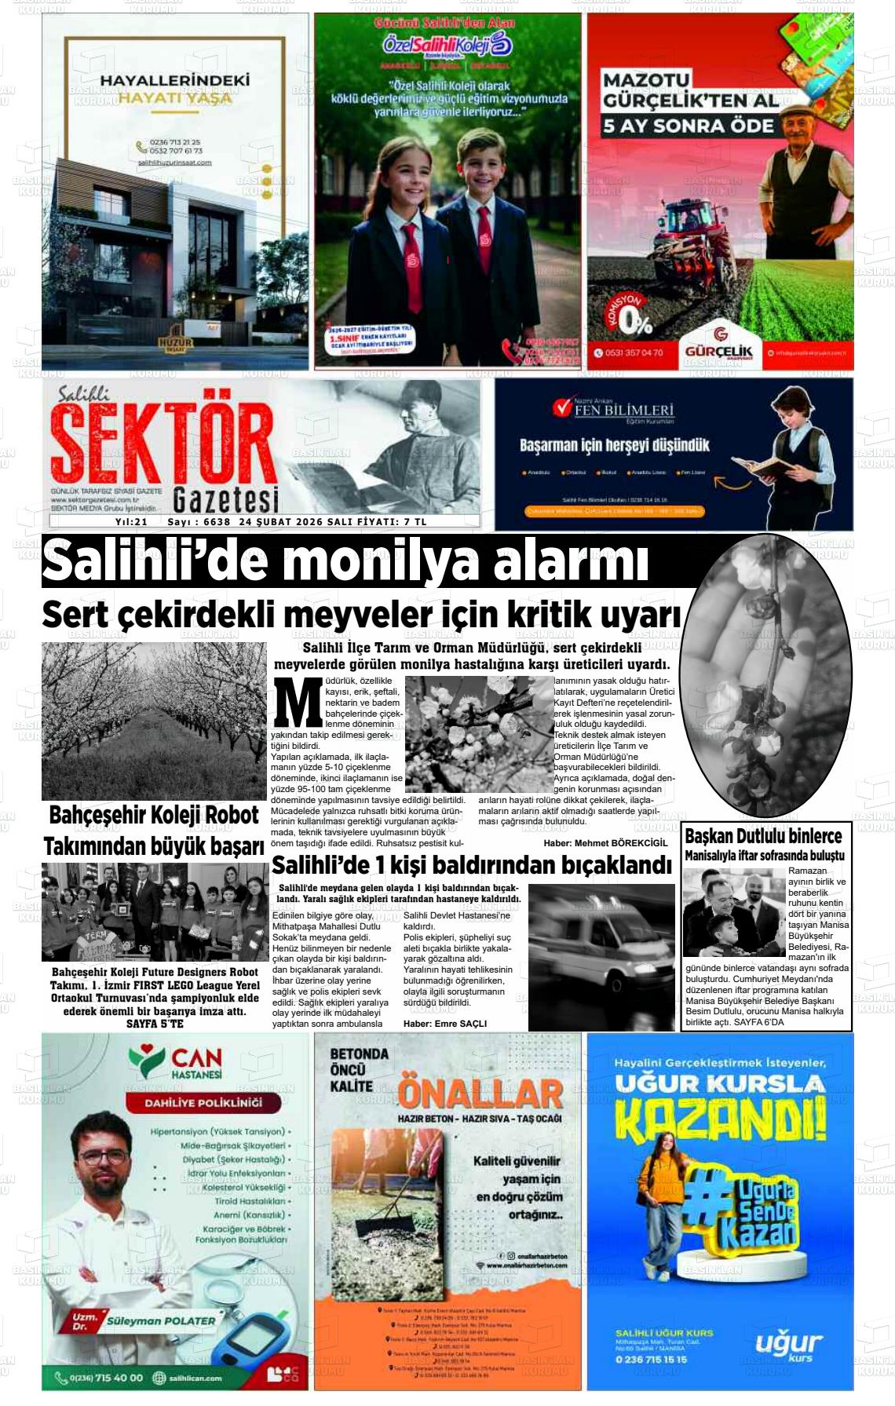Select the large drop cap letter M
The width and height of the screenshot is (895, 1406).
[x=297, y=702]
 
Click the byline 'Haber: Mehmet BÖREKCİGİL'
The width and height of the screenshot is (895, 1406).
[x=605, y=843]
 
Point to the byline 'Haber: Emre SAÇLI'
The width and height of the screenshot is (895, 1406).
[x=444, y=1024]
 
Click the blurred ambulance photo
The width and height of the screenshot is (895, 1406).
[x=601, y=957]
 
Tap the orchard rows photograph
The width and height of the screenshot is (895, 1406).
[x=154, y=720]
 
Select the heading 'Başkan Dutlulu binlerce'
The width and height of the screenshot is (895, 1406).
[x=762, y=836]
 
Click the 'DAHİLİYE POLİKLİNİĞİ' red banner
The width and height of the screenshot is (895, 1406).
[x=203, y=1103]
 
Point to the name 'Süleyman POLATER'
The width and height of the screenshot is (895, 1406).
[x=161, y=1321]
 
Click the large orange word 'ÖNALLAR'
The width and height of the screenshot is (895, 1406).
[x=480, y=1093]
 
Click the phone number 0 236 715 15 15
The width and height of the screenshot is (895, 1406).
[x=651, y=1360]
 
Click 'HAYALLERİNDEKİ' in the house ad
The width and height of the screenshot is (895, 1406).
[x=174, y=80]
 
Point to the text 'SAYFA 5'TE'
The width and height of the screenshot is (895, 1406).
[x=155, y=1024]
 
